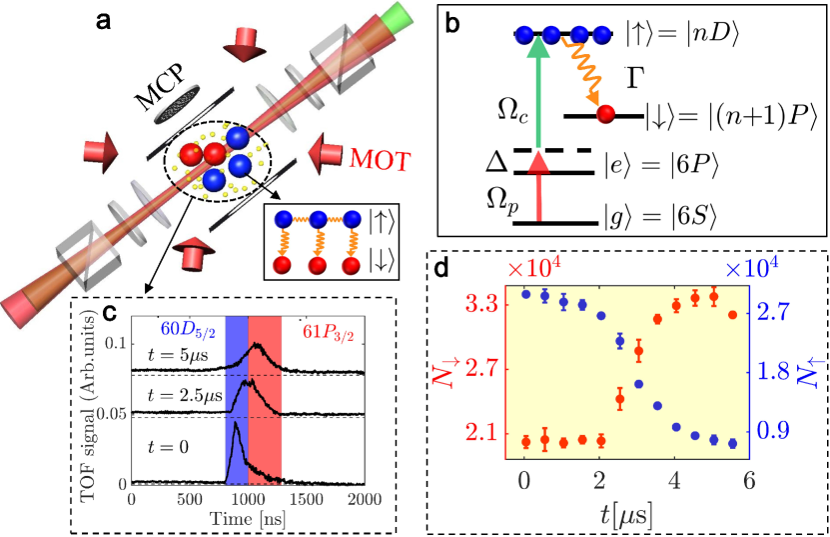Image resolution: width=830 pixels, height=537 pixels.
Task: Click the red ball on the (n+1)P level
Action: [606, 117]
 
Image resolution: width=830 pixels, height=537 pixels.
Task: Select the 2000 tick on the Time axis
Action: [364, 498]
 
